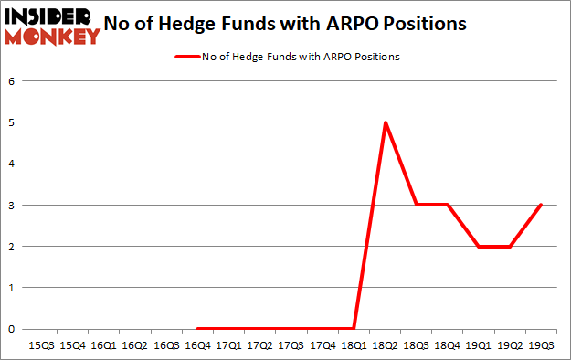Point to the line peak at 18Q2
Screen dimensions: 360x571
pyautogui.click(x=386, y=122)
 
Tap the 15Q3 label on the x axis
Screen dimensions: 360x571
pyautogui.click(x=41, y=346)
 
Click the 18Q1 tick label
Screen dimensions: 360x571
pyautogui.click(x=354, y=346)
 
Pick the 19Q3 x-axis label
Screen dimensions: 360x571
pyautogui.click(x=542, y=346)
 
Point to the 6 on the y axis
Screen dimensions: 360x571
pyautogui.click(x=13, y=81)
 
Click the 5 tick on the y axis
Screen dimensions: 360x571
pyautogui.click(x=13, y=122)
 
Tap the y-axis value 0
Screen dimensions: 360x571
pyautogui.click(x=13, y=329)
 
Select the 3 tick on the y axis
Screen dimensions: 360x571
pyautogui.click(x=13, y=206)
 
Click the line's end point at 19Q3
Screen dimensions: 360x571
pyautogui.click(x=542, y=206)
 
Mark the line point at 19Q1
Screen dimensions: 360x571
pyautogui.click(x=479, y=247)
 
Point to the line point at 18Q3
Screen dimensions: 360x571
pyautogui.click(x=417, y=206)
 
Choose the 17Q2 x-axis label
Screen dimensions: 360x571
pyautogui.click(x=260, y=346)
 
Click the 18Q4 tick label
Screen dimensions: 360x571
pyautogui.click(x=448, y=346)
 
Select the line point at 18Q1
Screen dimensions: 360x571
pyautogui.click(x=354, y=329)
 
